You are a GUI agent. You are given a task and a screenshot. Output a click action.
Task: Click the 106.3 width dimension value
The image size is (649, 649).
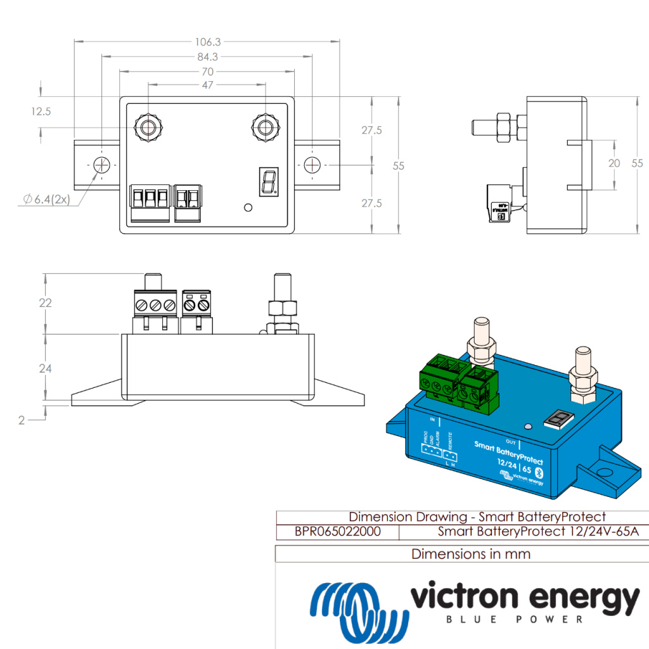[208, 42]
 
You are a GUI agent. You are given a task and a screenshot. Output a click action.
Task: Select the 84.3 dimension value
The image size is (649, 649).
[208, 57]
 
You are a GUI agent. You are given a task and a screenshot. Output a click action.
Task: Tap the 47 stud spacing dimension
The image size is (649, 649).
[208, 85]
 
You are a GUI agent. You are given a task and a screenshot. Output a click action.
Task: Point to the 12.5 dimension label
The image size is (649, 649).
[40, 112]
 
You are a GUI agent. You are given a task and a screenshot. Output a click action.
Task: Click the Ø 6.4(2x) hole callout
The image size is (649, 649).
[46, 200]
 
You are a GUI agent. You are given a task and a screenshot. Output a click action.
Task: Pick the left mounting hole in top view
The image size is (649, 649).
[102, 165]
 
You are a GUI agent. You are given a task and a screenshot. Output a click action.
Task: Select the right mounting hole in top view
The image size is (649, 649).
[312, 165]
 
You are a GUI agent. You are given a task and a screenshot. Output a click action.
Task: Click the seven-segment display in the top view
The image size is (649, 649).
[267, 181]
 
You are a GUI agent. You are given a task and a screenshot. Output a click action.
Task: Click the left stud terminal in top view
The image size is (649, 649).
[148, 127]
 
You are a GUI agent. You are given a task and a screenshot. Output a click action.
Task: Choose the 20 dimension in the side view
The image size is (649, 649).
[614, 163]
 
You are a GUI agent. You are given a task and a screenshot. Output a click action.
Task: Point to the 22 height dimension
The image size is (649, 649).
[45, 303]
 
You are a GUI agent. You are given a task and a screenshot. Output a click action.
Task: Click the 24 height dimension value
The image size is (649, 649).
[45, 368]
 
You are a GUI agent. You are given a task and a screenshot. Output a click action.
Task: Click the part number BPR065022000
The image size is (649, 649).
[337, 532]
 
